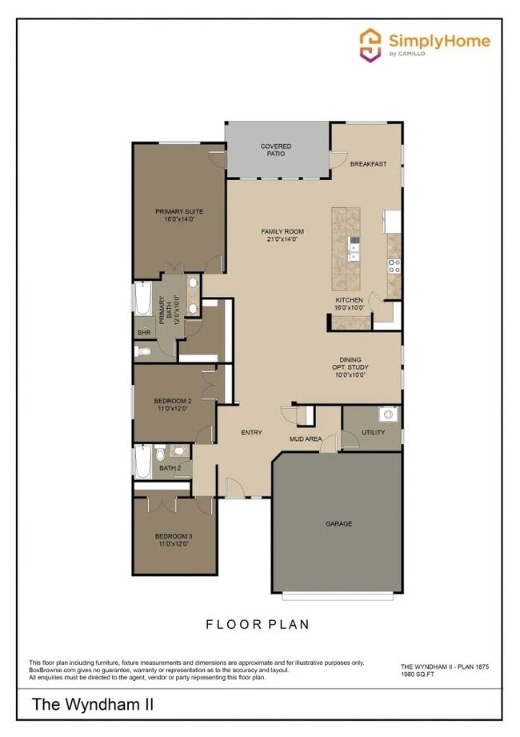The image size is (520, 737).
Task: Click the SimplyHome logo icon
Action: (370, 45)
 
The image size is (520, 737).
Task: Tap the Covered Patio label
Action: (276, 150)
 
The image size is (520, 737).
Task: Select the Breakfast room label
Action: (368, 164)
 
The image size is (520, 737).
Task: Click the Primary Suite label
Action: (179, 212)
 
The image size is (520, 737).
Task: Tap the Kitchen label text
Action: (349, 300)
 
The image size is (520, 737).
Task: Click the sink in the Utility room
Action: (388, 415)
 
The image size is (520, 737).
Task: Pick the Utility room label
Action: (373, 433)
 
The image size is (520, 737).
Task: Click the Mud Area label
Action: (306, 439)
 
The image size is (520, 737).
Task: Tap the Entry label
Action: (251, 433)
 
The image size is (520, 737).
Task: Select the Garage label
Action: (338, 524)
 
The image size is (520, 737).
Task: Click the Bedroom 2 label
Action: (173, 401)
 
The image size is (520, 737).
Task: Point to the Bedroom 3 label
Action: (173, 536)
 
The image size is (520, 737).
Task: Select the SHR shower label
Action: (144, 332)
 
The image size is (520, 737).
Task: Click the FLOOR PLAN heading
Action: (258, 624)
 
